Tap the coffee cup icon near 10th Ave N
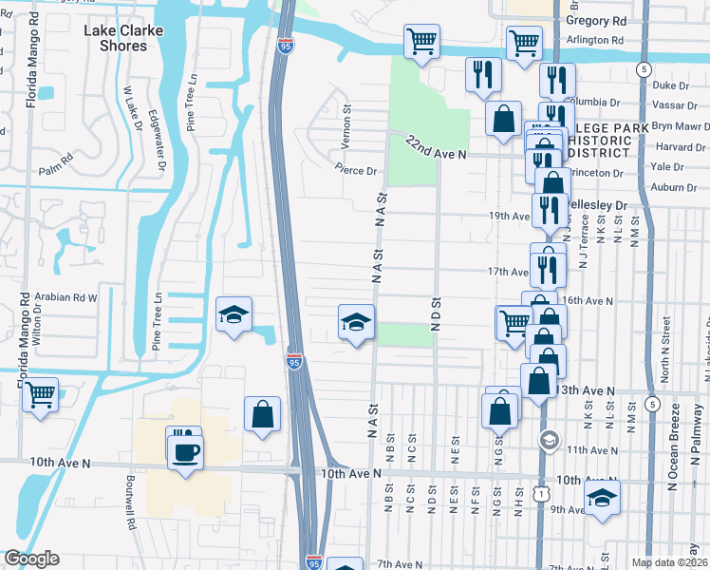tap(185, 452)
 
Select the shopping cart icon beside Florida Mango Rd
tap(40, 394)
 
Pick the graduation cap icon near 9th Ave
tap(602, 498)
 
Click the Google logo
tap(32, 559)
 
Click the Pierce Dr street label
tap(356, 171)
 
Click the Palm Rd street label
tap(56, 171)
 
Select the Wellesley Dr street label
tap(597, 205)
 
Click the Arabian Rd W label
tap(66, 296)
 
